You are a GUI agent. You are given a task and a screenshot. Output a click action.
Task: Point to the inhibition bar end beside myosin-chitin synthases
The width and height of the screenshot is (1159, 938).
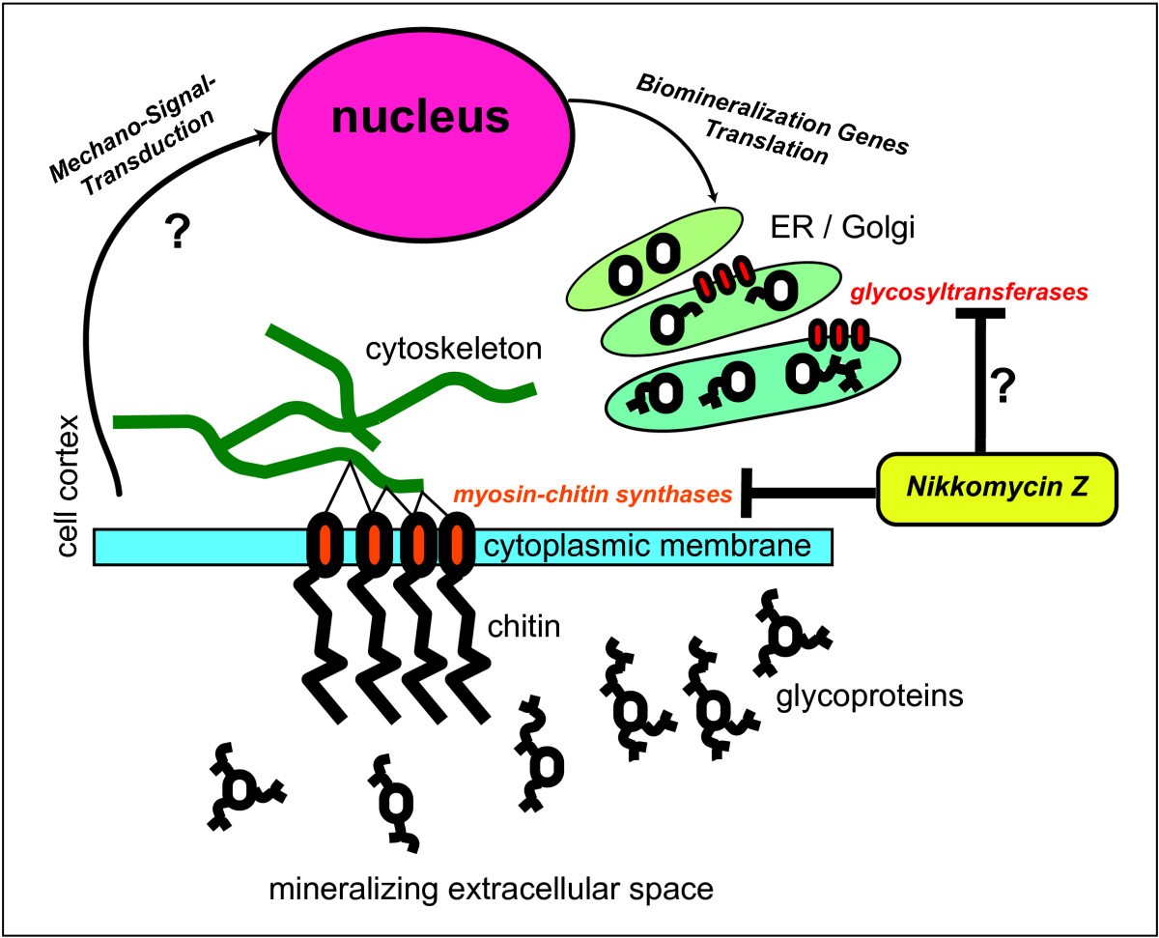745,492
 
